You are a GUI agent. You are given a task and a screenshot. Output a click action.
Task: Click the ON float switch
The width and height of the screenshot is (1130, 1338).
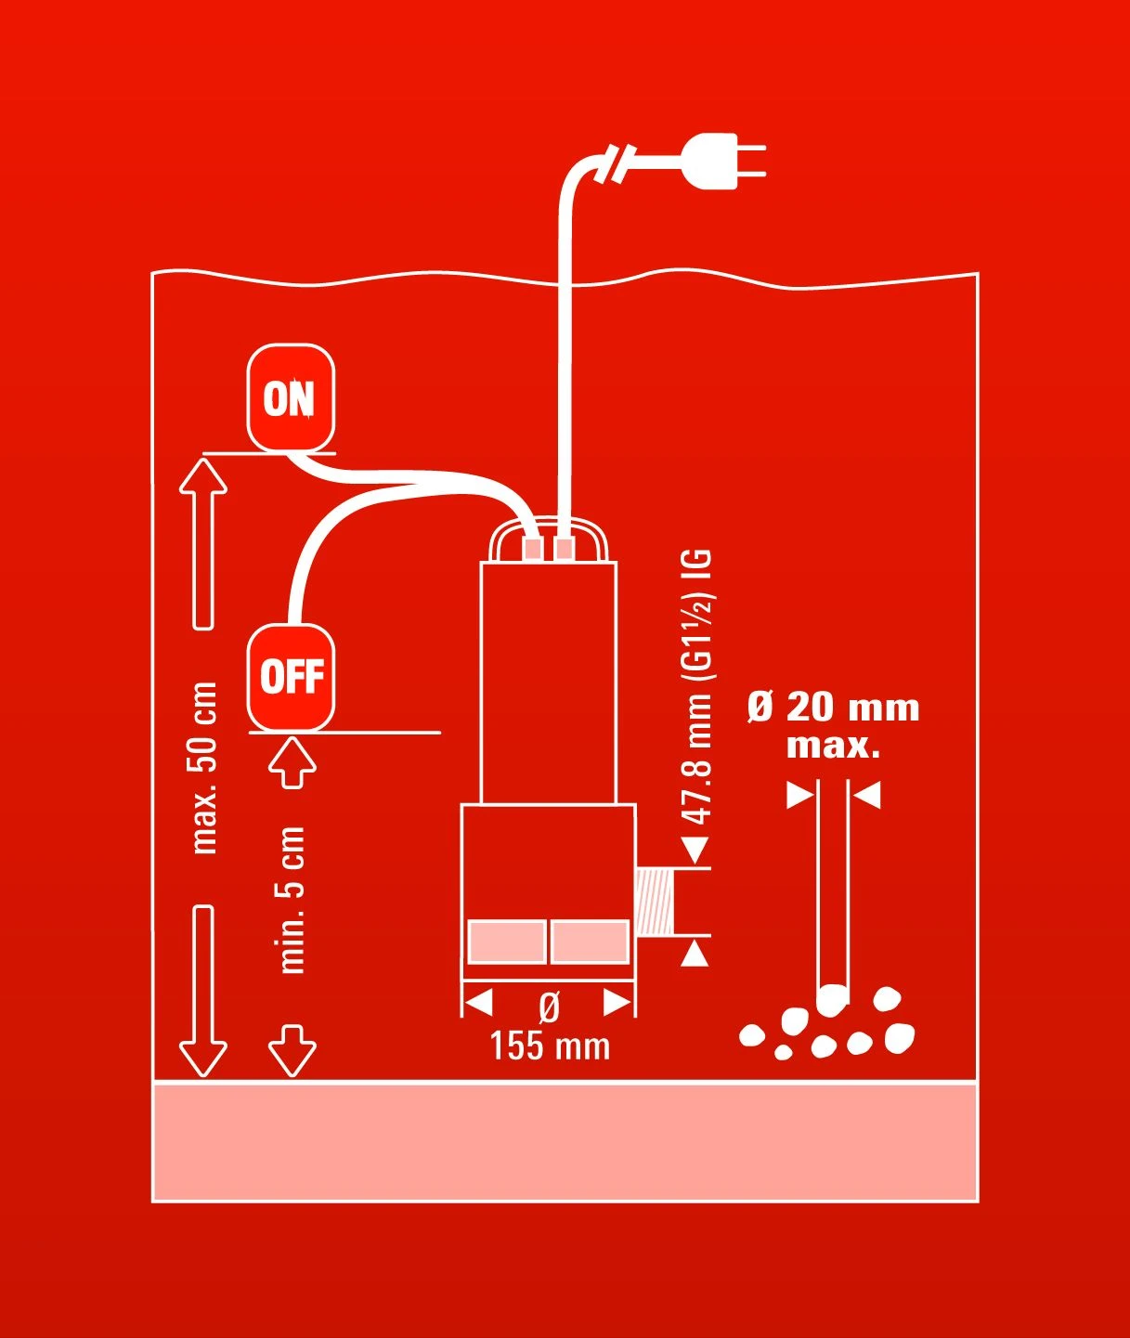[291, 398]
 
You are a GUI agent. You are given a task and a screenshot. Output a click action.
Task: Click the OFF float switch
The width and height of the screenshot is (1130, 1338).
[291, 677]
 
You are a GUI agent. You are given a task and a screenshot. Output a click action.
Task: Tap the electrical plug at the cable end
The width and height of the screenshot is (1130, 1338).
[723, 161]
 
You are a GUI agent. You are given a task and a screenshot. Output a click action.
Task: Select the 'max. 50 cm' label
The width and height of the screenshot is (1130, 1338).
[203, 768]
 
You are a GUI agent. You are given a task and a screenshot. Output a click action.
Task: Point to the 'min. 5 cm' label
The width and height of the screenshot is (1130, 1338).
[292, 899]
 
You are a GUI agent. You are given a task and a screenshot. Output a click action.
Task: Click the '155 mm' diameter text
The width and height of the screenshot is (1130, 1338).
[550, 1046]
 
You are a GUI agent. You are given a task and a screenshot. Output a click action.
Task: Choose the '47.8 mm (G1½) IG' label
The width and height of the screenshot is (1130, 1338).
[697, 686]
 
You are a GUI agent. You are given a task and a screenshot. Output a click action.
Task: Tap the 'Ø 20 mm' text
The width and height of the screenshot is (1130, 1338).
[833, 708]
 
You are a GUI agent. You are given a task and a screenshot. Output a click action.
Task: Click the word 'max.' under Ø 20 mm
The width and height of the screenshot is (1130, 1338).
[833, 746]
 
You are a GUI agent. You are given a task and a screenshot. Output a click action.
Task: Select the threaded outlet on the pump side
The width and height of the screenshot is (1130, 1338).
[656, 900]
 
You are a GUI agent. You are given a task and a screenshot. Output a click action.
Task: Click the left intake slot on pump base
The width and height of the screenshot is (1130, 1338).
[506, 942]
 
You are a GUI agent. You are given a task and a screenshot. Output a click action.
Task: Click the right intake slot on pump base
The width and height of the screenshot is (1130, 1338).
[590, 942]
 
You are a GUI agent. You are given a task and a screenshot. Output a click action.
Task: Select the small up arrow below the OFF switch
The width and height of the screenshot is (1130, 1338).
[292, 761]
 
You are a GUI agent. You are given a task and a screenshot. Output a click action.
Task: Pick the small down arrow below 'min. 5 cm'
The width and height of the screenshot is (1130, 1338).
[292, 1050]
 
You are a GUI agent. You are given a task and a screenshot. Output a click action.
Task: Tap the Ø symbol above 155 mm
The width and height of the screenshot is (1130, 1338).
[550, 1007]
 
